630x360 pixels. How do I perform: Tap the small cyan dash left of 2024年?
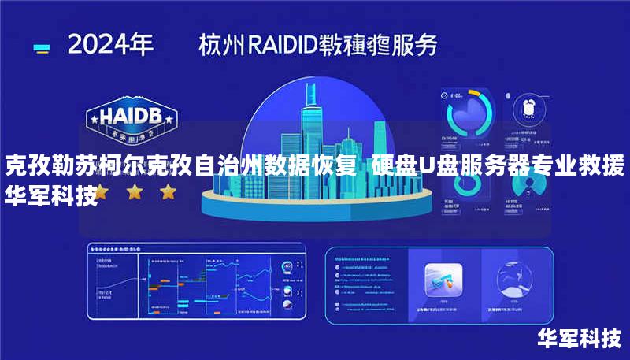click(x=42, y=47)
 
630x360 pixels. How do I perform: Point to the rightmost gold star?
click(x=168, y=191)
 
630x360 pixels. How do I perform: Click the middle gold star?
click(x=135, y=191)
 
